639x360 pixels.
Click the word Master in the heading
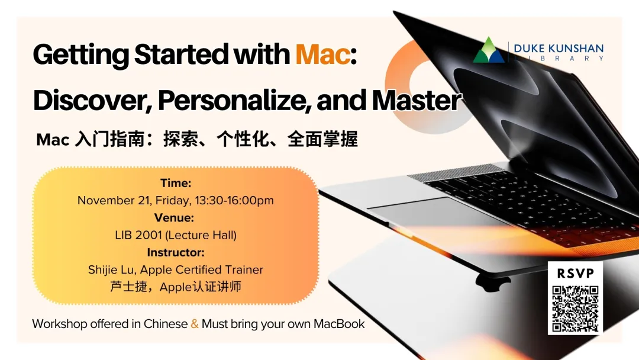coord(416,101)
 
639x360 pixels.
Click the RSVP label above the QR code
coord(575,274)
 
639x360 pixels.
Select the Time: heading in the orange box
coord(176,184)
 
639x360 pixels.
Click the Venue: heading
coord(176,218)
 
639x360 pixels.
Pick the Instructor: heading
coord(176,252)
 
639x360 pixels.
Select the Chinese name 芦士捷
coord(127,287)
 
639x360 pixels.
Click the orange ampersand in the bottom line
coord(195,324)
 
